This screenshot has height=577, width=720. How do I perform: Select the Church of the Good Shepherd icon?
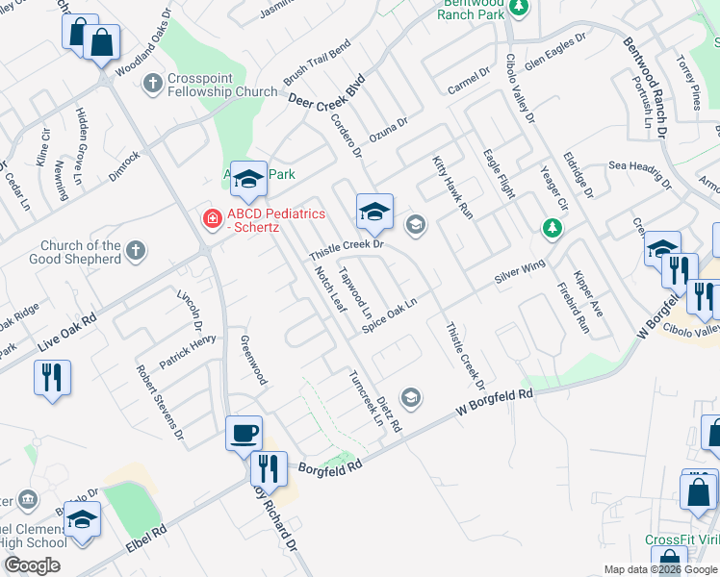137,251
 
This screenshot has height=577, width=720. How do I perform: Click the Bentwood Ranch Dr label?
645,88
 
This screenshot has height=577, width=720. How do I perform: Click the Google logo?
32,565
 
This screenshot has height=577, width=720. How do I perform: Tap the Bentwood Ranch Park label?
471,11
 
